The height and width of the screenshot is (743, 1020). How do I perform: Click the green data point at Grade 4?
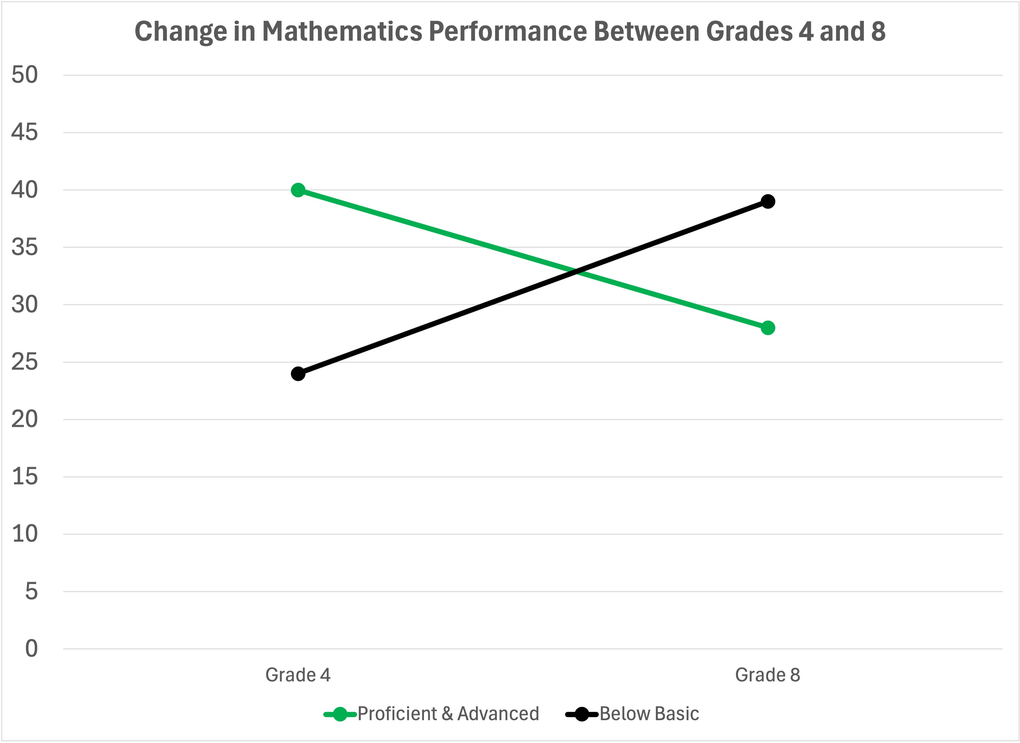(x=298, y=190)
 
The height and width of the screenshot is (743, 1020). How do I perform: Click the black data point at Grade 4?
(x=298, y=373)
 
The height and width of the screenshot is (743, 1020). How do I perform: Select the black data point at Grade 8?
(x=768, y=201)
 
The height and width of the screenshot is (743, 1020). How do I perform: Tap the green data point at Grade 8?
(x=768, y=328)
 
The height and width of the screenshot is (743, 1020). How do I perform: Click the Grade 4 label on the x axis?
(x=298, y=675)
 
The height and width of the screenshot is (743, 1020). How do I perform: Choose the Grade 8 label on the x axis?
(x=768, y=675)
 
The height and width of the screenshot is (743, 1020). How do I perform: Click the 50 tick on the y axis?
(x=25, y=75)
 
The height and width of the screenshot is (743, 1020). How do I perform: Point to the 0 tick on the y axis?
(x=31, y=649)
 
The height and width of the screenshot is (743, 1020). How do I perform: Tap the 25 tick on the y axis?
(x=25, y=362)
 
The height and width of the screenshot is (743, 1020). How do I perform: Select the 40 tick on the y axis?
(x=25, y=189)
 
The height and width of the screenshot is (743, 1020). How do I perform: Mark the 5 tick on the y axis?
(x=31, y=591)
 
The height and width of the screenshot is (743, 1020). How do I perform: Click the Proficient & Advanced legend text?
(x=448, y=714)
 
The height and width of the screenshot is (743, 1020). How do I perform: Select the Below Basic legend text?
(x=649, y=714)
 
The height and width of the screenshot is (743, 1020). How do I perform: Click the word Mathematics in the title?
(x=342, y=32)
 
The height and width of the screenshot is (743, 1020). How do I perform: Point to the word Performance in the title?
(x=507, y=32)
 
